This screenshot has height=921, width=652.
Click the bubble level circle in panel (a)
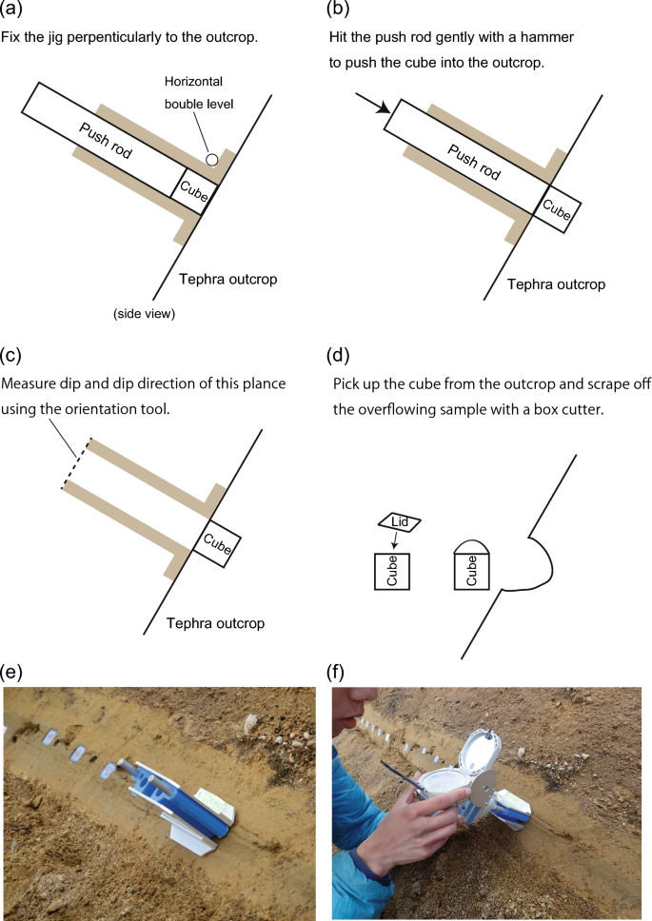(212, 159)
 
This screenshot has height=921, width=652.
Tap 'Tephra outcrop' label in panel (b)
(556, 284)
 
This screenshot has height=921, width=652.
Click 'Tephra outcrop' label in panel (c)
(215, 623)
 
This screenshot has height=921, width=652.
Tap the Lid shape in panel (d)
(399, 521)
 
